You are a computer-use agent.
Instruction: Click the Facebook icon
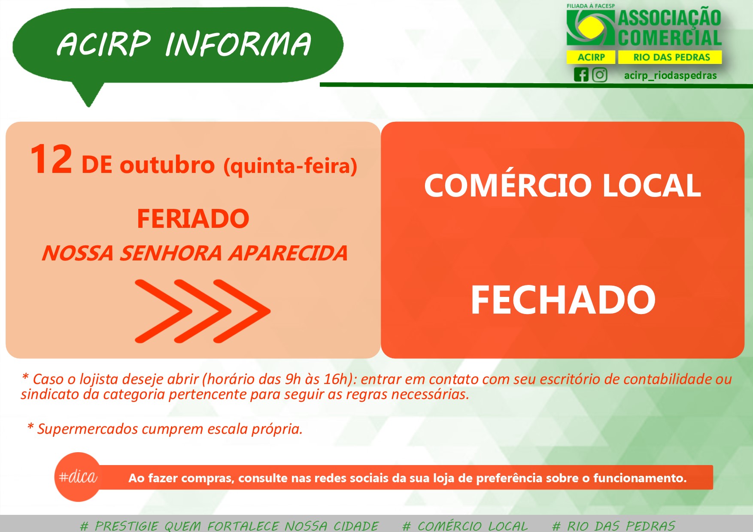[x=581, y=75]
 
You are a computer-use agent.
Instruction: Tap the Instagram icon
[x=600, y=75]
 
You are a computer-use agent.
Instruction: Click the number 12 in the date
[x=51, y=159]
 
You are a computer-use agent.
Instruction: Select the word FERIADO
[x=193, y=219]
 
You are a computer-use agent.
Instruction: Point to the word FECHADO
[x=563, y=300]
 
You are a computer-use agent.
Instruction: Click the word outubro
[x=167, y=165]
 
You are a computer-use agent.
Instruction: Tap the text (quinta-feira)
[x=290, y=166]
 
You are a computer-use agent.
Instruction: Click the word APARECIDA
[x=288, y=253]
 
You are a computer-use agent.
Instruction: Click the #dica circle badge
[x=78, y=477]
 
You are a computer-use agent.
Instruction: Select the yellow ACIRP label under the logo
[x=591, y=57]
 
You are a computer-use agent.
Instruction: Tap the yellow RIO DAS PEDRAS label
[x=670, y=57]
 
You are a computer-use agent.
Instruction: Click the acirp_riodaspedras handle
[x=670, y=76]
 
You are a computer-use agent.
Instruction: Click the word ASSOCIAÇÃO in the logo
[x=670, y=18]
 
